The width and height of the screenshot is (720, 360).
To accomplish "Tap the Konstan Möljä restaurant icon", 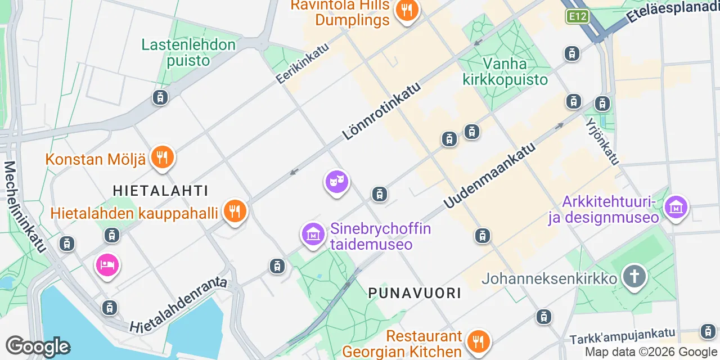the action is click(162, 158).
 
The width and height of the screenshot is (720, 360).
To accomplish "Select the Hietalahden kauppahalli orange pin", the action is click(235, 211).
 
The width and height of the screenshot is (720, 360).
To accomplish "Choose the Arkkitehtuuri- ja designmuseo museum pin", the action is click(676, 208).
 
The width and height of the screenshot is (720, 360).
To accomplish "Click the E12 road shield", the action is click(577, 16).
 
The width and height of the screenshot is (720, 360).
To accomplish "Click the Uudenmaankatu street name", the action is click(489, 174).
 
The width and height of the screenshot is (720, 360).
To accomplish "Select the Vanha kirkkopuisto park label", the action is click(505, 71).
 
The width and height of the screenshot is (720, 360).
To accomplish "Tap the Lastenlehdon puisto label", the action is click(188, 52).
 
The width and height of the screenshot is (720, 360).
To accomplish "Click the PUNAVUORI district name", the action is click(415, 293).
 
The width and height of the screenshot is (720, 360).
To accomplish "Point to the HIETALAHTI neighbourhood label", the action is click(160, 191).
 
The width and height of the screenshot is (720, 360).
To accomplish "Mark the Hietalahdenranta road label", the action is click(178, 304).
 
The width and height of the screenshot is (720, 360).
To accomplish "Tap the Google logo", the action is click(37, 346).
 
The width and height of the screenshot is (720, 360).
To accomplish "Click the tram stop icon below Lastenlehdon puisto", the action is click(160, 97).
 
